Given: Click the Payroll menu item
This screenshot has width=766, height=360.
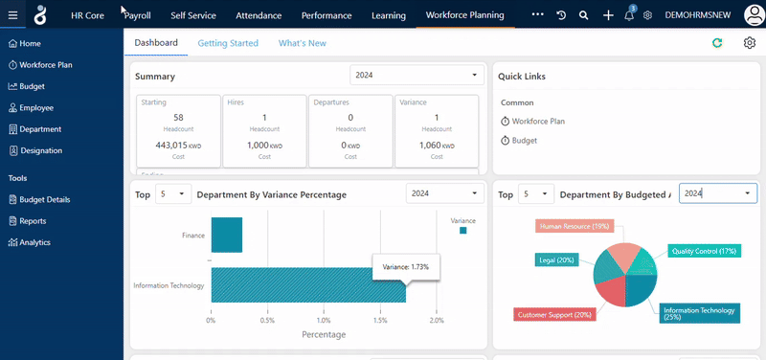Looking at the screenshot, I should click(x=137, y=15).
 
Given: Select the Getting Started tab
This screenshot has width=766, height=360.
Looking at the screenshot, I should click(x=228, y=43).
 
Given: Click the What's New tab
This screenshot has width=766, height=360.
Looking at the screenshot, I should click(x=302, y=43).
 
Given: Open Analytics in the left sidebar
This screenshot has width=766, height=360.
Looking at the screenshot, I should click(x=34, y=242).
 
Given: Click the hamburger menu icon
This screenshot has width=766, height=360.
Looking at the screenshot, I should click(x=12, y=16).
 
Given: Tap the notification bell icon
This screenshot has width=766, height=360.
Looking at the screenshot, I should click(x=629, y=16).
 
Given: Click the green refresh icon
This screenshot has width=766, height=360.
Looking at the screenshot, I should click(x=717, y=43).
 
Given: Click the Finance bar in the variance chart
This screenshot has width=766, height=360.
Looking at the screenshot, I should click(x=226, y=235).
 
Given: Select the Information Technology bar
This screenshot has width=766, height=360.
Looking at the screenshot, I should click(x=306, y=285).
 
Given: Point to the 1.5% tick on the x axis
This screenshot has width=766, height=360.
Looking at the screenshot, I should click(x=380, y=320).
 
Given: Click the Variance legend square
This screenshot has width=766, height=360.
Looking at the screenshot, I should click(x=462, y=231).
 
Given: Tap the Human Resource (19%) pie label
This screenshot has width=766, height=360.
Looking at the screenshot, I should click(x=574, y=226).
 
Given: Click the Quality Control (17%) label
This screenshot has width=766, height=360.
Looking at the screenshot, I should click(x=704, y=251).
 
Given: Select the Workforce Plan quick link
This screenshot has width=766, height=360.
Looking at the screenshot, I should click(x=538, y=122).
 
